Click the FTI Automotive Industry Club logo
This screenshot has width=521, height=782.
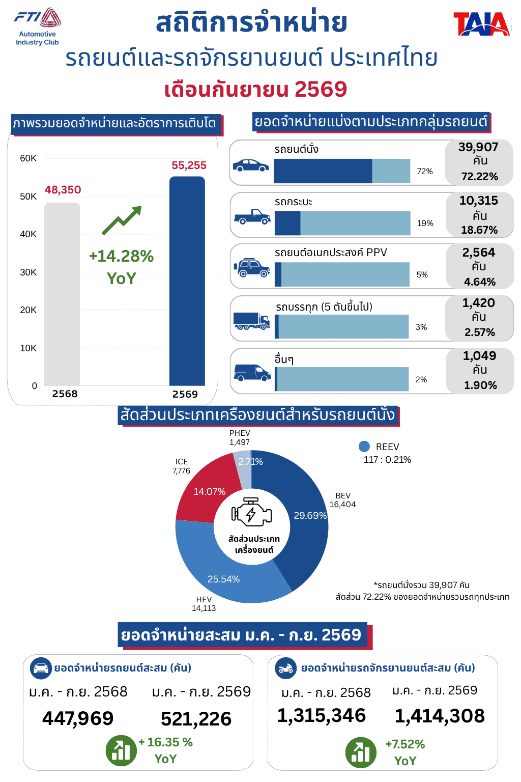37,27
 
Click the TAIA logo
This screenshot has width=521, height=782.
481,24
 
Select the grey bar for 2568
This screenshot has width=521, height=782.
62,294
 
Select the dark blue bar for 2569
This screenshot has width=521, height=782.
187,281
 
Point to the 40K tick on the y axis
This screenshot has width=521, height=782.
28,234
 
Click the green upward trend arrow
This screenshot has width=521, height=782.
122,220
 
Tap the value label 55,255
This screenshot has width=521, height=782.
189,165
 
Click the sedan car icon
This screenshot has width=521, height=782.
250,165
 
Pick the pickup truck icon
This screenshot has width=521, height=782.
252,217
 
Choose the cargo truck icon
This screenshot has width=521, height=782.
252,321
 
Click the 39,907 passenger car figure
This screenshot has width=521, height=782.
478,147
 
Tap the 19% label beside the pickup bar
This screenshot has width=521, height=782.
425,223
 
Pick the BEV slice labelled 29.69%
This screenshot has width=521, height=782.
300,517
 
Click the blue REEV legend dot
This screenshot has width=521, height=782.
364,446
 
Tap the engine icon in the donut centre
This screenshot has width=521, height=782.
251,512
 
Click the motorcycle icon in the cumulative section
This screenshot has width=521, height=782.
285,668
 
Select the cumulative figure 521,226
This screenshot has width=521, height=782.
196,718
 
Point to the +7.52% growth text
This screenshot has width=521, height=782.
405,744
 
